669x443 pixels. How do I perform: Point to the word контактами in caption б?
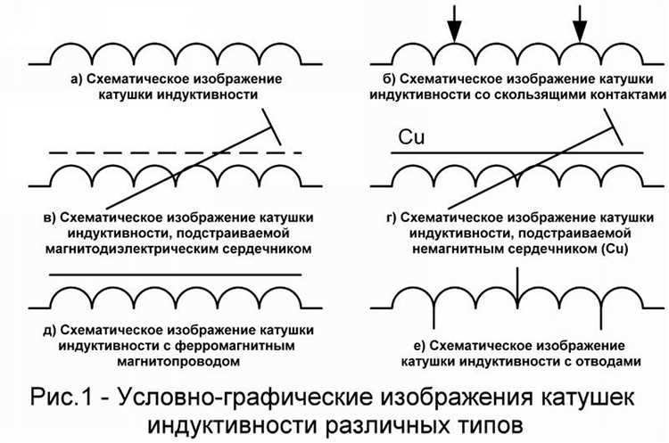(x=615, y=94)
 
